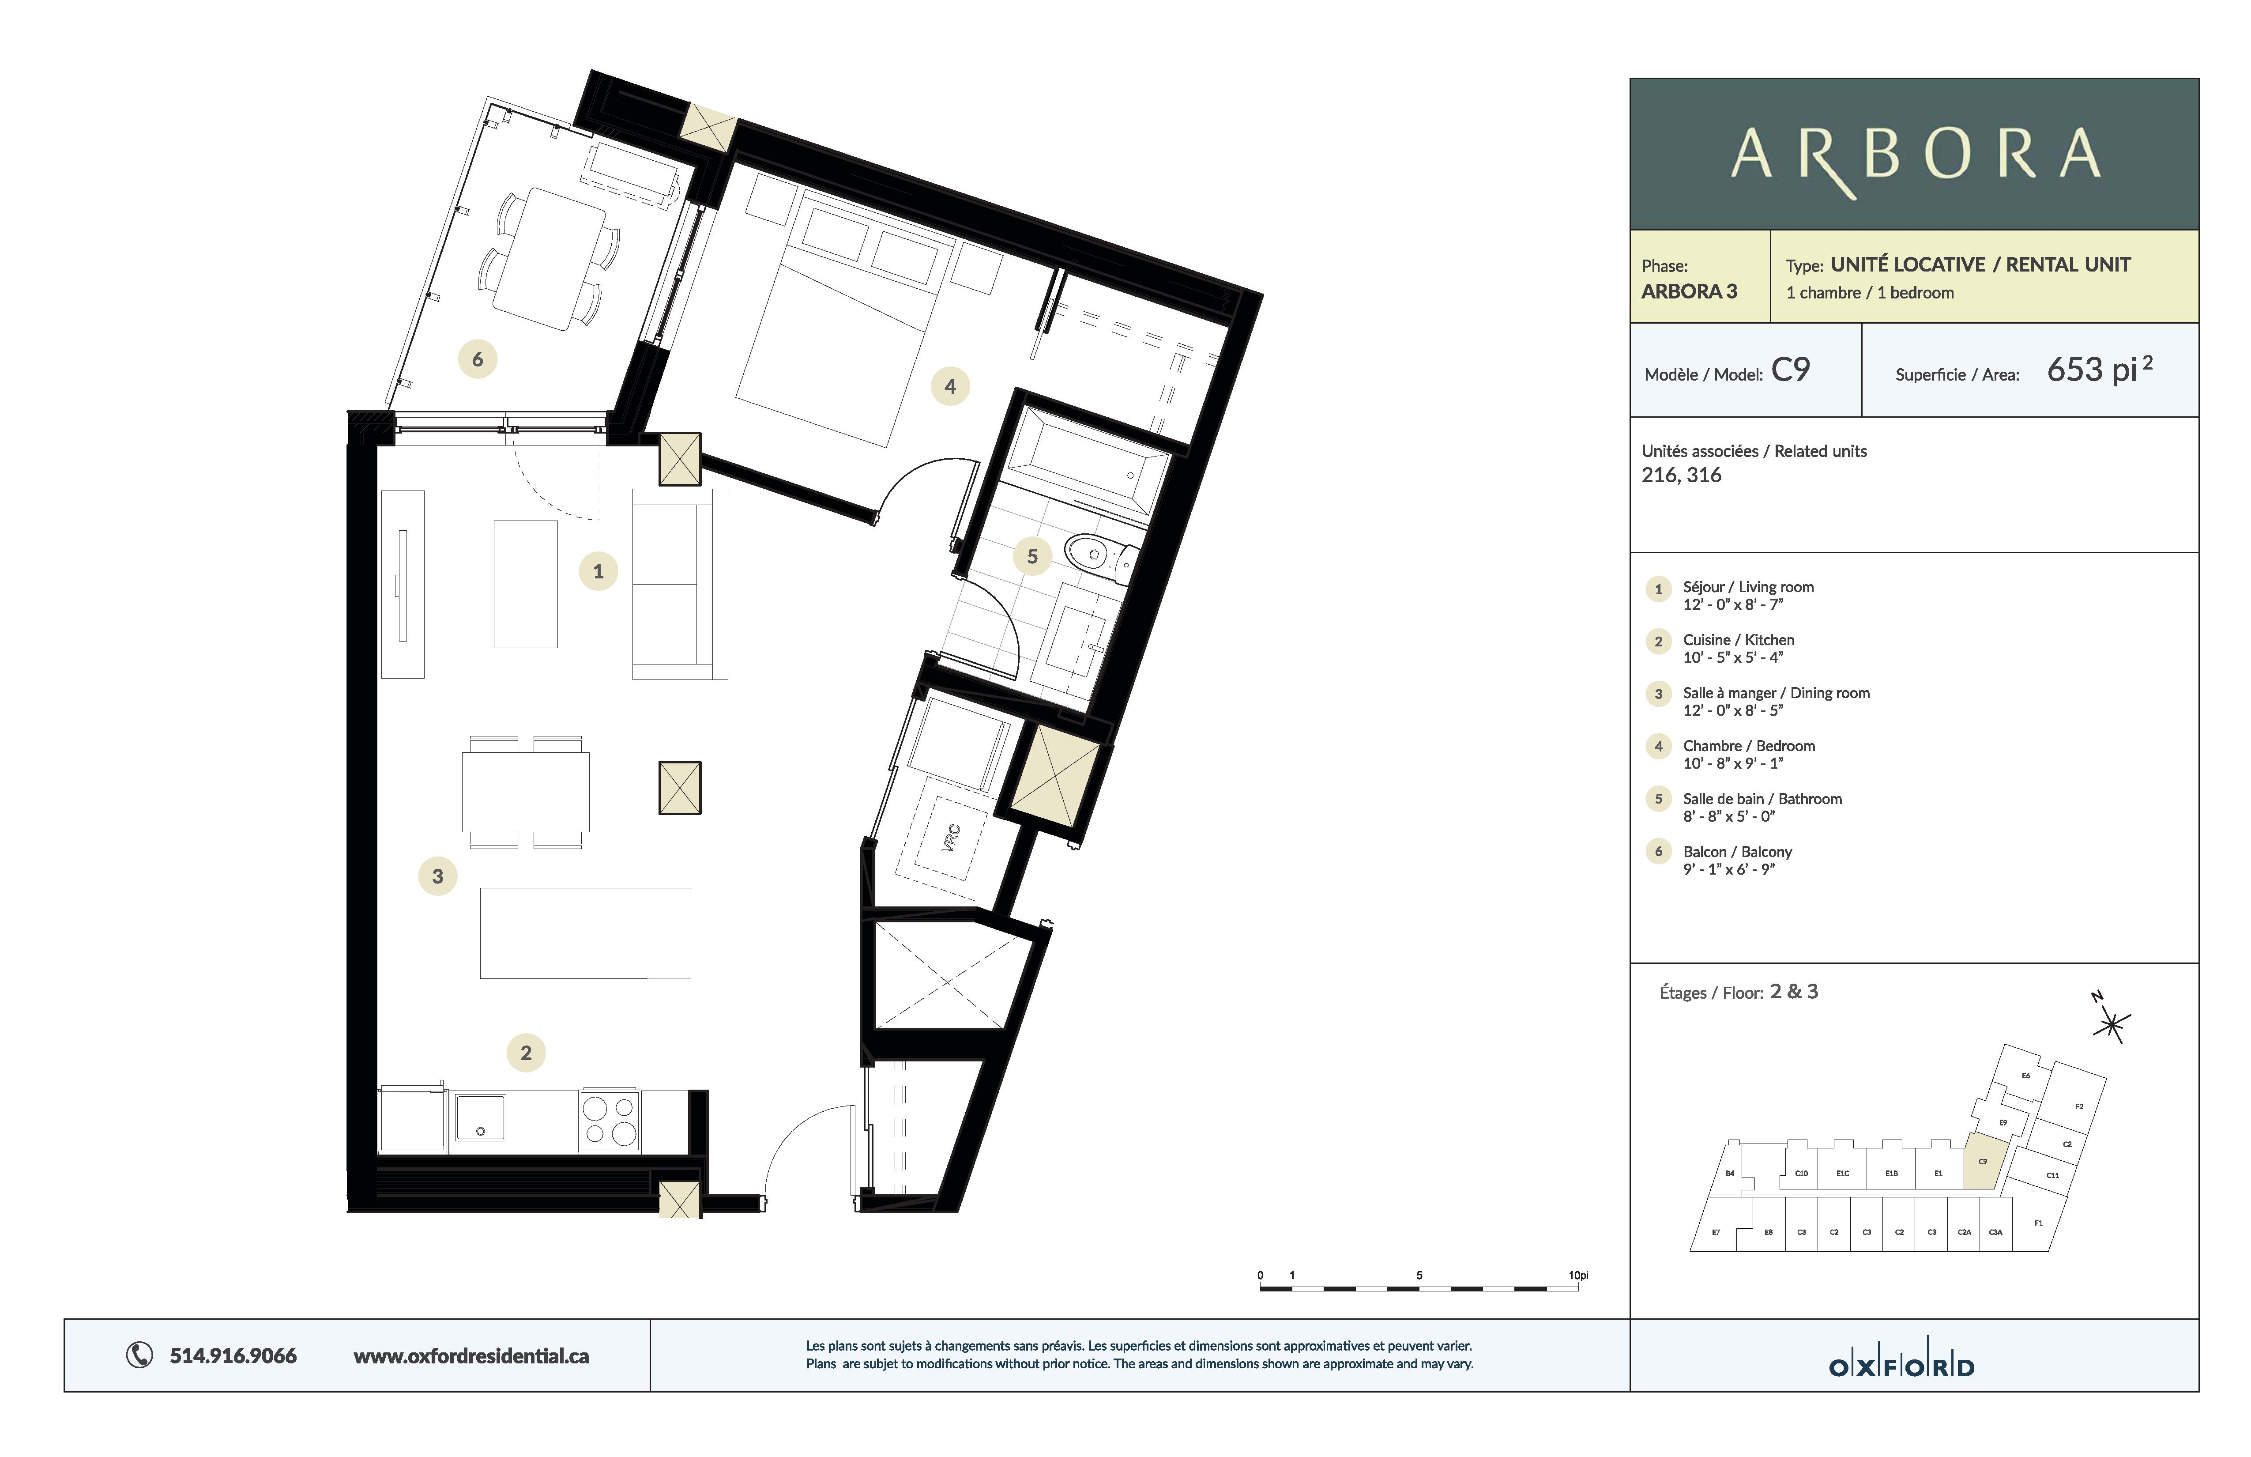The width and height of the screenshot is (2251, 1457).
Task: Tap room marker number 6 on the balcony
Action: pos(478,359)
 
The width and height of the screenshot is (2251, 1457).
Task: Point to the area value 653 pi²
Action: pos(2100,369)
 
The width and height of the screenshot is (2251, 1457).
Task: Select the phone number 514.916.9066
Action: pos(233,1356)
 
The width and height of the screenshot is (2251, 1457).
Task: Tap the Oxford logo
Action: pos(1902,1366)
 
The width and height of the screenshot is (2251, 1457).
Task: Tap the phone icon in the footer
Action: pos(139,1356)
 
